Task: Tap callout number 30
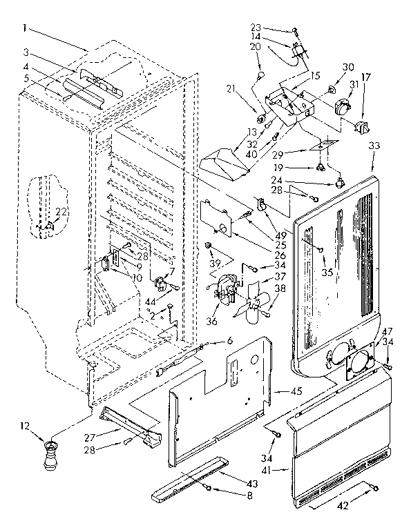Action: (x=347, y=68)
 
